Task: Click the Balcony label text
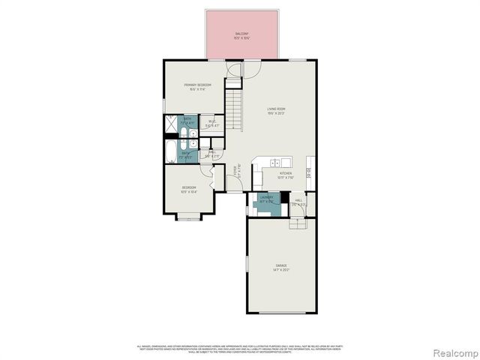(x=241, y=34)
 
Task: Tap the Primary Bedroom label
(x=198, y=87)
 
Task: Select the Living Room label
(x=277, y=111)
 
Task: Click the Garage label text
(x=280, y=266)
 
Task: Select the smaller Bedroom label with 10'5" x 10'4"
(x=188, y=189)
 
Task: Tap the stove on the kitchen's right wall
(x=307, y=172)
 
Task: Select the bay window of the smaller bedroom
(x=187, y=218)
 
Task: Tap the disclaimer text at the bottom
(x=240, y=349)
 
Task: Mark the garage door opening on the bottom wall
(x=280, y=313)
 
